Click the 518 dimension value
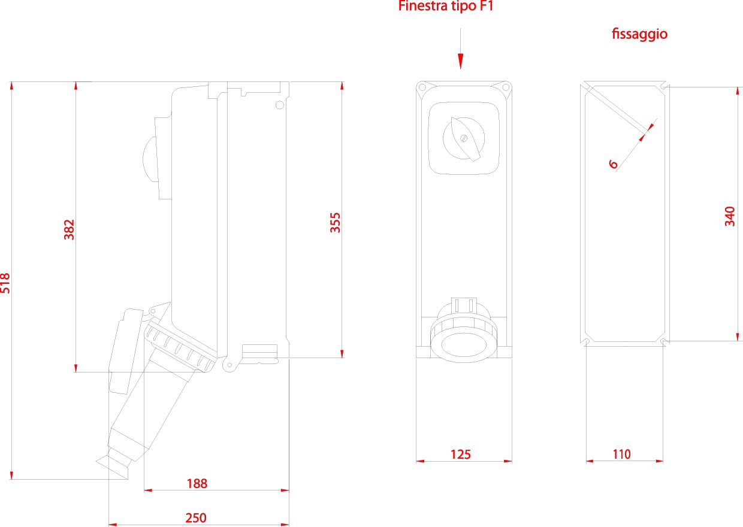[x=6, y=283]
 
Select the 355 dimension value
[x=336, y=222]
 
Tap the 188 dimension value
[x=197, y=483]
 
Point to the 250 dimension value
[x=196, y=518]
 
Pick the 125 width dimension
[x=461, y=455]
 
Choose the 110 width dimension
[x=621, y=455]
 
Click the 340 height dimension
[x=730, y=216]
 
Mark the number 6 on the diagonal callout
[x=613, y=163]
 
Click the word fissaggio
[x=639, y=34]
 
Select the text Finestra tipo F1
[x=446, y=7]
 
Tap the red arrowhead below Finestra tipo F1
[x=461, y=61]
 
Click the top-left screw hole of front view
[x=422, y=87]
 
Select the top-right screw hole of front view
[x=506, y=87]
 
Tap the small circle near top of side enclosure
[x=279, y=105]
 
